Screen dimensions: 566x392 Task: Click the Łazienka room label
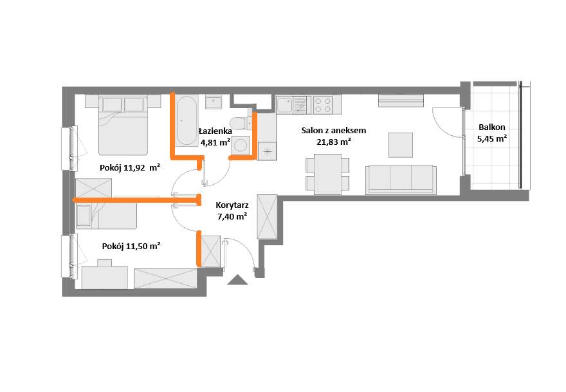pos(215,131)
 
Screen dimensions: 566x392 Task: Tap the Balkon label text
pos(491,127)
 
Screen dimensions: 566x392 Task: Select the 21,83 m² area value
pos(334,142)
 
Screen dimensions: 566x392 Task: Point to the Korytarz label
pos(232,205)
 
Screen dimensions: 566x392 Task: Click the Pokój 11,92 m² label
pos(130,167)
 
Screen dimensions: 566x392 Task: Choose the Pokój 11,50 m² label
pos(131,246)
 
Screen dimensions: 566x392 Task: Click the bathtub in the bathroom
pos(187,120)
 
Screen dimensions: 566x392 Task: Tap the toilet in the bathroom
pos(241,123)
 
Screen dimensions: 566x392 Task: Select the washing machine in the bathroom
pos(241,145)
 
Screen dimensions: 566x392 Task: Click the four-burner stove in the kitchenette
pos(323,105)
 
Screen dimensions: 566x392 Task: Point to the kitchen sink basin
pos(285,105)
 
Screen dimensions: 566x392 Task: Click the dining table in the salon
pos(327,174)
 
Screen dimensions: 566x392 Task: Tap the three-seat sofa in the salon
pos(401,180)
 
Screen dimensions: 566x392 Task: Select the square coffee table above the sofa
pos(401,145)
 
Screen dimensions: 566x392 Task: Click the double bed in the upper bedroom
pos(123,125)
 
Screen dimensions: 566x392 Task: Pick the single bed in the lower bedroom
pos(105,216)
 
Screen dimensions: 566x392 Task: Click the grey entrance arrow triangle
pos(237,279)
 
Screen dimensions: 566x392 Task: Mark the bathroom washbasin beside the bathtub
pos(214,102)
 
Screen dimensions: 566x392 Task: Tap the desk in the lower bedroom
pos(105,277)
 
